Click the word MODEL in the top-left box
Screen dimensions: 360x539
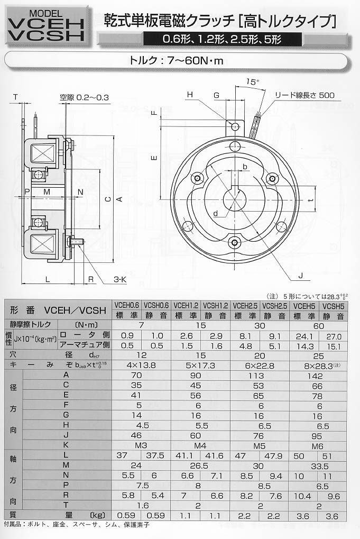46,13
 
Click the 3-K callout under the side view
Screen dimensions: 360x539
120,279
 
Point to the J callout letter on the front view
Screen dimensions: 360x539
301,276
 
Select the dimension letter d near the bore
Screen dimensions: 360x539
215,214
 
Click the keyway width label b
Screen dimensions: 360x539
245,167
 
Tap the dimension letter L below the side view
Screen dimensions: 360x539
48,279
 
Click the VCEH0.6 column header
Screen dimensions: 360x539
127,305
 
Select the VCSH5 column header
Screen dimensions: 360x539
333,306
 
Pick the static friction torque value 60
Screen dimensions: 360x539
318,325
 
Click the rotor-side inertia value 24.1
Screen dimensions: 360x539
304,336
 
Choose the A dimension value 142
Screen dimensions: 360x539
315,376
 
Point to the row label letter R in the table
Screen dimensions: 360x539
66,495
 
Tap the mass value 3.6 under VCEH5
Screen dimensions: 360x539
302,516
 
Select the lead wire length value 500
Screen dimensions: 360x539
327,95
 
